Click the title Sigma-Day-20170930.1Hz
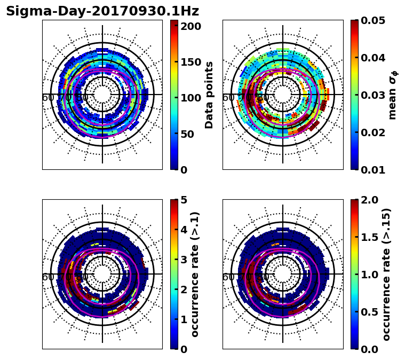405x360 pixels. (102, 11)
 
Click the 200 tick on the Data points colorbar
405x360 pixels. (190, 26)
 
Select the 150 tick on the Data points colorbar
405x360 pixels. (190, 62)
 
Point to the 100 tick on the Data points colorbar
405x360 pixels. (190, 98)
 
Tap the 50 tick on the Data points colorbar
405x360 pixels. (190, 134)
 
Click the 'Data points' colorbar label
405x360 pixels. (209, 95)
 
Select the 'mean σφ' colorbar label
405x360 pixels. (392, 95)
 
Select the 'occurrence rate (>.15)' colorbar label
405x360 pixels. (387, 274)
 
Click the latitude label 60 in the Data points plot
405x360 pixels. (47, 98)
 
